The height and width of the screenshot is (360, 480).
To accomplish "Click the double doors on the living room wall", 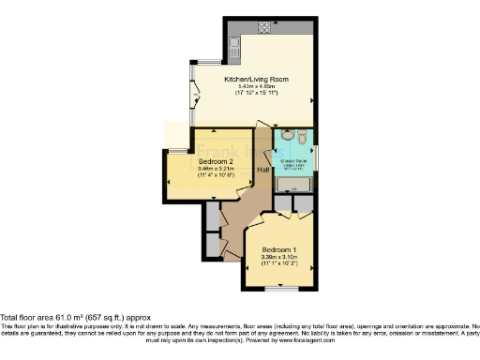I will pyautogui.click(x=194, y=93).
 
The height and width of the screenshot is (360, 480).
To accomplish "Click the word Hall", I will pyautogui.click(x=263, y=170).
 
